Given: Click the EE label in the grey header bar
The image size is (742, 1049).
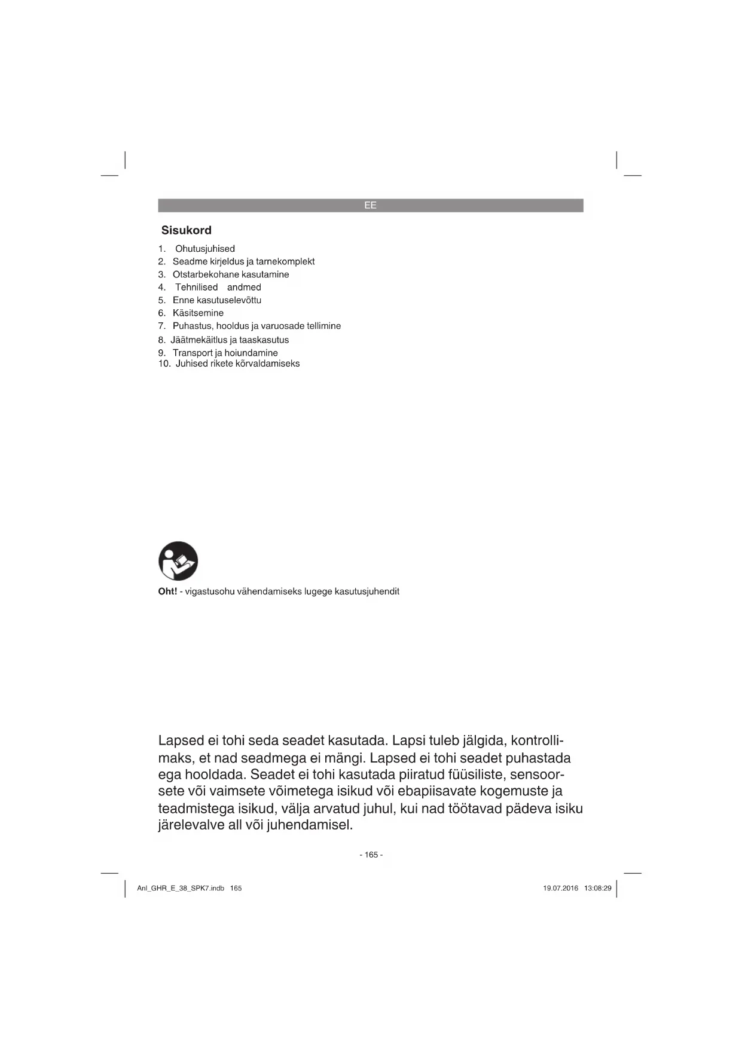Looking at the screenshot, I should tap(370, 205).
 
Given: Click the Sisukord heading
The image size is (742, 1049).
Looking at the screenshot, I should tap(186, 230).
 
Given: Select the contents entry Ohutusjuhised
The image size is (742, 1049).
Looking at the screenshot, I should tap(204, 249).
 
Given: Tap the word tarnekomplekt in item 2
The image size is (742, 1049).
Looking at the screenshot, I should tap(285, 261).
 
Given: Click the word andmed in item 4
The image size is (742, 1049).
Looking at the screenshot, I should tap(244, 287).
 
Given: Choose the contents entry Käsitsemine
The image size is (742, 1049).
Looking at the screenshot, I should tap(198, 313).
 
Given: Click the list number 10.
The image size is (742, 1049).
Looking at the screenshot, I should tap(164, 364).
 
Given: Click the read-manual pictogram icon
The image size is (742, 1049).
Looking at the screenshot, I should tap(178, 561).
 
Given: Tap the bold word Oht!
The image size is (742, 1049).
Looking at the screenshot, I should tap(167, 591).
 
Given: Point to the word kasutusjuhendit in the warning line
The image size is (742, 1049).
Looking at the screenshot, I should tap(367, 591).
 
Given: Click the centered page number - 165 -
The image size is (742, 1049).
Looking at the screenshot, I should tap(371, 855).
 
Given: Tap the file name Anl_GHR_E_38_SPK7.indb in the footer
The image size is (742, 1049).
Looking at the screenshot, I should tap(181, 888).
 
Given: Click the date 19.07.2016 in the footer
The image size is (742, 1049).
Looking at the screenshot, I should tap(560, 888).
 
